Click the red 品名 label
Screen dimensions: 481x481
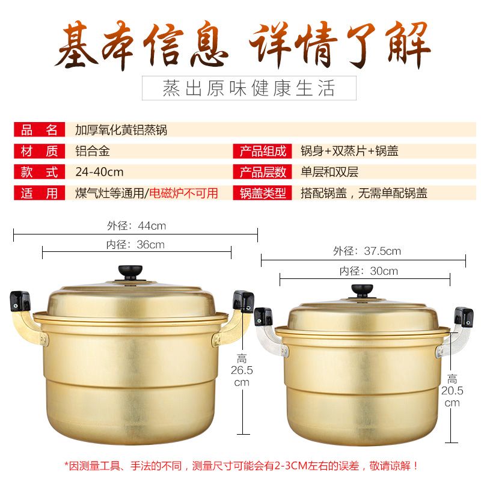[x=39, y=129]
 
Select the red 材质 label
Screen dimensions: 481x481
[x=39, y=151]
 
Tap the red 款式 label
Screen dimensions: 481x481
[x=39, y=172]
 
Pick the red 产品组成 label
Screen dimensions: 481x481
[x=262, y=151]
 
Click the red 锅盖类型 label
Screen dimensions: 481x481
[x=262, y=193]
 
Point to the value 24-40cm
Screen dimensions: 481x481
[x=99, y=172]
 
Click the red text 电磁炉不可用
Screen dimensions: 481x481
[x=184, y=193]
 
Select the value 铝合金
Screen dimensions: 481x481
[x=93, y=151]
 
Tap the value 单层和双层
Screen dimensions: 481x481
[x=329, y=172]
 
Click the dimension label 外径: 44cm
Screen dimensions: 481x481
[x=136, y=226]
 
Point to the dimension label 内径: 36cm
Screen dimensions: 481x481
[x=135, y=245]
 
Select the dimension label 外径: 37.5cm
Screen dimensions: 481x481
[x=367, y=251]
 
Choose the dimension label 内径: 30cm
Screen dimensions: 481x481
[x=369, y=271]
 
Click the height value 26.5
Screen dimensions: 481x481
[x=242, y=370]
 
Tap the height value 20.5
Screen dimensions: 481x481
[x=452, y=391]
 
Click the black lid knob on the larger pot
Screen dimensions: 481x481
[x=130, y=272]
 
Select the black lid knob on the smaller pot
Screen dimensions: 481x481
[x=363, y=290]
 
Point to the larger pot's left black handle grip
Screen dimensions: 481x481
[x=20, y=301]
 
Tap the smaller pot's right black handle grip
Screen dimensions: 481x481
[x=464, y=317]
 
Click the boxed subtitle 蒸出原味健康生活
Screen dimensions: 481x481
[x=249, y=88]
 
